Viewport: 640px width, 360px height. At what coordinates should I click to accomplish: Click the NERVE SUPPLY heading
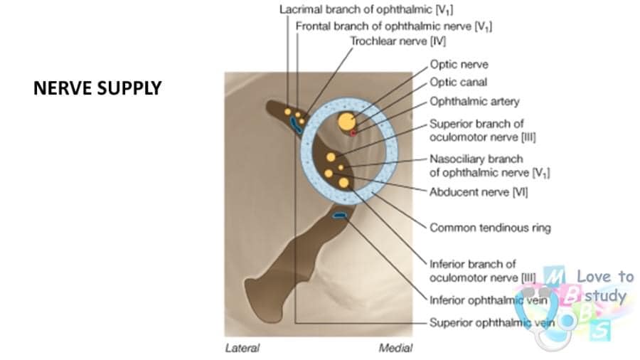97,88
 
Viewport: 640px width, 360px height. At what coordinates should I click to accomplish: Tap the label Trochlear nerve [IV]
398,41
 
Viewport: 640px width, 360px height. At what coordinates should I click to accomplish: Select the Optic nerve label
459,65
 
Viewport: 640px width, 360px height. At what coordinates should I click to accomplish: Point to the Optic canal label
459,82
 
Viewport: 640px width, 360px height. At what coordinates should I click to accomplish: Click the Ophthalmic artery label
474,101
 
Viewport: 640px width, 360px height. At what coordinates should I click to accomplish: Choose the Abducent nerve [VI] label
479,192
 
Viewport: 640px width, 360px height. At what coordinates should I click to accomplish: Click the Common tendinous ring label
490,228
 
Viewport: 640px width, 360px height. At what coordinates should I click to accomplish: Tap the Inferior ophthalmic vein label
488,300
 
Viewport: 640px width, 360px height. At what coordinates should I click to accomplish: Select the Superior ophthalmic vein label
492,322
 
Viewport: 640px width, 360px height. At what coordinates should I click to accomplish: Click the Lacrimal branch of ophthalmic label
366,10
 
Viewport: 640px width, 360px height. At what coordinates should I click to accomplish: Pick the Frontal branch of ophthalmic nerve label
394,26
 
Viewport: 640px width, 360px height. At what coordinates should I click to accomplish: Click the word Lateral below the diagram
242,348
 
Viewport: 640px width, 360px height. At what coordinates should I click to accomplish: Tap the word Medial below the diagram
395,348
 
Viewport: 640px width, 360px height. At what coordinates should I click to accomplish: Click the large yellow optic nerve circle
346,121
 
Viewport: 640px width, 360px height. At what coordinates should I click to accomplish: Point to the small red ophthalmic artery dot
353,133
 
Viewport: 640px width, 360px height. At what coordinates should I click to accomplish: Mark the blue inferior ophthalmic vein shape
339,215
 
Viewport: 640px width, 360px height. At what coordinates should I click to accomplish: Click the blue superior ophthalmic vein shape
295,125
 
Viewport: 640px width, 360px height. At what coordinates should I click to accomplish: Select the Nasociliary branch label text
489,166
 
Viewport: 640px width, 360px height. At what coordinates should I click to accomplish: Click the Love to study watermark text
605,287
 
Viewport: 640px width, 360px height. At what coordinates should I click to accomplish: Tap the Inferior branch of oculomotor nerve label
482,271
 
